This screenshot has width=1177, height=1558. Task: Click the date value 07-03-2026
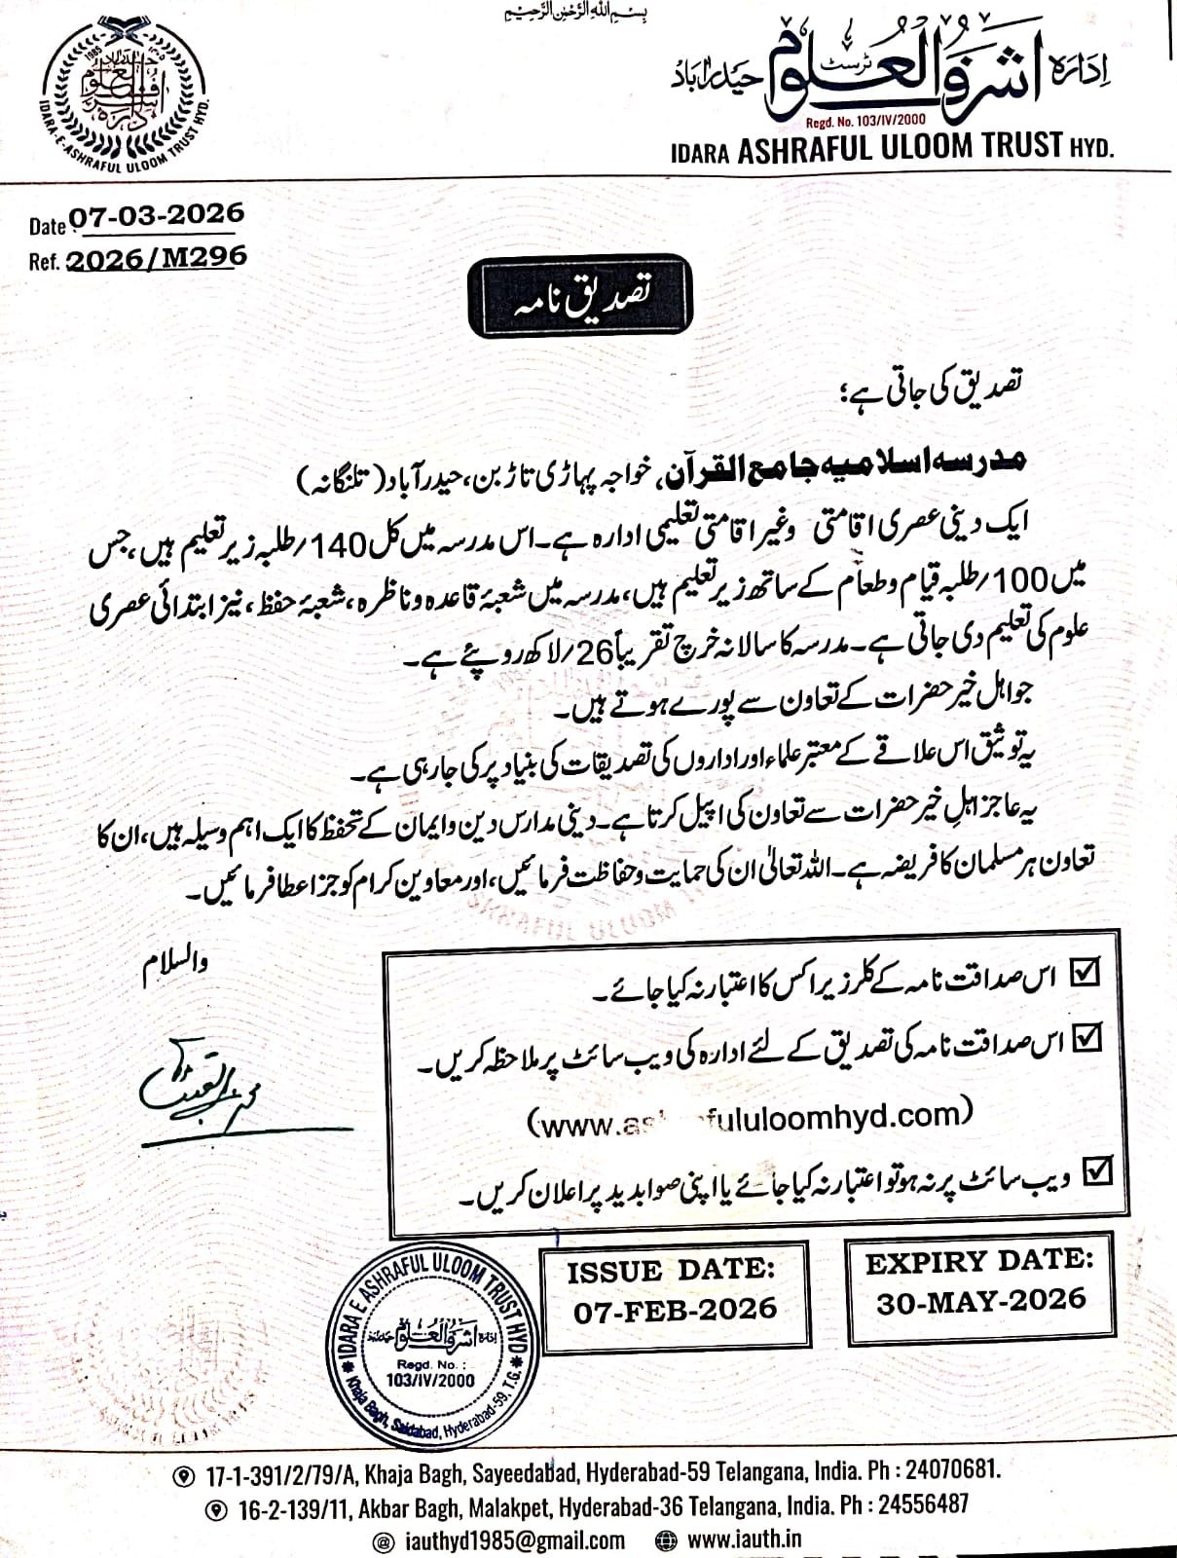point(156,215)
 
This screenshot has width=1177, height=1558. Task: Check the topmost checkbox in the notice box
point(1084,973)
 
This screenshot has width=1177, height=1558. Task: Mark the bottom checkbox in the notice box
point(1096,1168)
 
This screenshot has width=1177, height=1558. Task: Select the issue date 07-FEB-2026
point(675,1310)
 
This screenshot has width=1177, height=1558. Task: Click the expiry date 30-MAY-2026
point(980,1301)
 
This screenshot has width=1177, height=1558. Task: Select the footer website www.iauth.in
point(744,1539)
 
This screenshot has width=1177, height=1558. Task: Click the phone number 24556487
point(923,1504)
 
